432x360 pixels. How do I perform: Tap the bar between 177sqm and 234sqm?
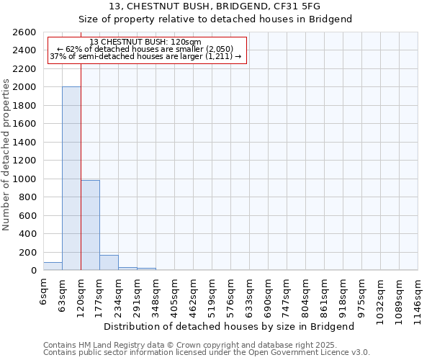[x=109, y=263]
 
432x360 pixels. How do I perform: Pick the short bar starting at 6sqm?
[x=53, y=266]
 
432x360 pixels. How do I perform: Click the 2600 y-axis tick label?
[x=24, y=32]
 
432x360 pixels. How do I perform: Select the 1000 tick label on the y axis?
[x=24, y=179]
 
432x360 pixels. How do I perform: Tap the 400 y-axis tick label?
[x=27, y=234]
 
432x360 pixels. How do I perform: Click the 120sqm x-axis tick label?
[x=81, y=294]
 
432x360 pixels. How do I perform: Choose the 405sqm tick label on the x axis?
[x=174, y=294]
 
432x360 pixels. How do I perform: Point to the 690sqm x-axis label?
[x=268, y=294]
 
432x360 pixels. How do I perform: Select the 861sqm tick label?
[x=324, y=294]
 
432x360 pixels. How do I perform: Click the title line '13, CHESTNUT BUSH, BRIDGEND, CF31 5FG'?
[x=215, y=6]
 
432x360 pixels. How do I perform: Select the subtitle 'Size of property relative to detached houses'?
[x=215, y=19]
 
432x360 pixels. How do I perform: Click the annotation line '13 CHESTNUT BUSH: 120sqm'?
[x=146, y=42]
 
